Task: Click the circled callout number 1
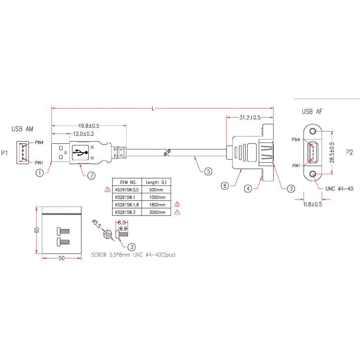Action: [40, 173]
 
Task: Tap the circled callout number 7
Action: [91, 176]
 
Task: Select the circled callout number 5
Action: [208, 171]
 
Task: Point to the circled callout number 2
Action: [291, 189]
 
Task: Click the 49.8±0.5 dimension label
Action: [89, 126]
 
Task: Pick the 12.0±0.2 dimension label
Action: [84, 134]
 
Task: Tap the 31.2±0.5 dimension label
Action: [250, 118]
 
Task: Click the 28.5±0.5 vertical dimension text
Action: [332, 152]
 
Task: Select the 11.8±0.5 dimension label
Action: [313, 204]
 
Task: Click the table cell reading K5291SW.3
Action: [125, 212]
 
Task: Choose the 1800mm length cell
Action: [157, 205]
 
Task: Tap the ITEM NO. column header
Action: [128, 182]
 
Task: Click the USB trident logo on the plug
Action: [80, 152]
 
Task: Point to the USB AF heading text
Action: [312, 112]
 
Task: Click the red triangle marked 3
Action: [107, 190]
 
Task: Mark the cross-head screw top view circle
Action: [107, 234]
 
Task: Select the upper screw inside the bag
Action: [63, 231]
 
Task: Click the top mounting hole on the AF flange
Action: [313, 131]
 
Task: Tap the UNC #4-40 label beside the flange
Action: [339, 189]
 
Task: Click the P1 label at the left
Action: [5, 153]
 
